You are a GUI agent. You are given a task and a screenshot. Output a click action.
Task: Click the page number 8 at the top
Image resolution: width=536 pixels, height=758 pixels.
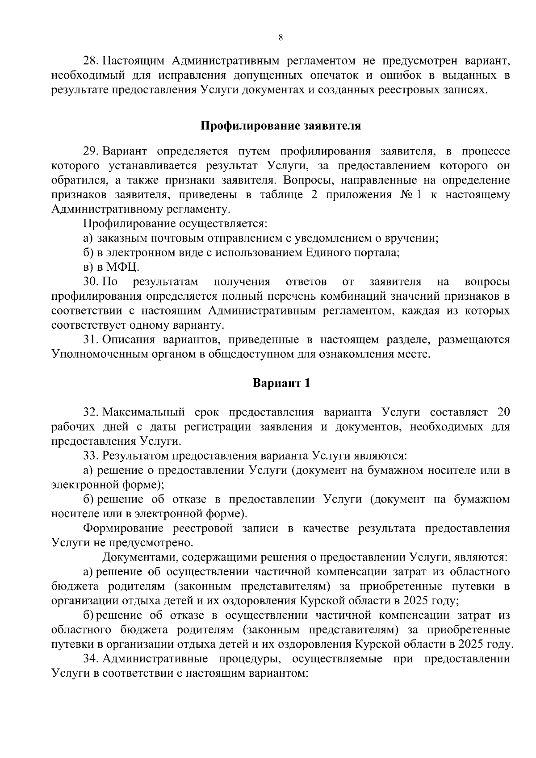coord(281,38)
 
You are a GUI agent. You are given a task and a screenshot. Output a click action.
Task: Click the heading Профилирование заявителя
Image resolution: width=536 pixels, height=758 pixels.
coord(280,126)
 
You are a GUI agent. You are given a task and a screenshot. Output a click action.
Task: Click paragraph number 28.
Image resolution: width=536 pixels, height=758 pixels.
coord(90,61)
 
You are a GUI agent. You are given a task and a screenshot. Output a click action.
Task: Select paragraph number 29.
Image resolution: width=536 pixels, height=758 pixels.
coord(90,151)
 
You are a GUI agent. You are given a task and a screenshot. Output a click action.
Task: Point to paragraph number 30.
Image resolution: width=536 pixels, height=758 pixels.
coord(90,282)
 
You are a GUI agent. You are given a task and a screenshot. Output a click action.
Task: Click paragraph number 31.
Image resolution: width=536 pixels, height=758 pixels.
coord(90,339)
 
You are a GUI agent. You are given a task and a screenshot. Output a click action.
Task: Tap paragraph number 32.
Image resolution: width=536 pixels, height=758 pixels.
coord(90,412)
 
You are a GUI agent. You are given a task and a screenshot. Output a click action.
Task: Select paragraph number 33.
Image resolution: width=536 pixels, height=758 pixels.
coord(90,456)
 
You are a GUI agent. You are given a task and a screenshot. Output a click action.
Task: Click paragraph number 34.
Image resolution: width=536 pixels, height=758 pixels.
coord(90,659)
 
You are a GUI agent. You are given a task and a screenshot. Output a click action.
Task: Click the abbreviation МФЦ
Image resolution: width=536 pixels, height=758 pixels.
coord(122,268)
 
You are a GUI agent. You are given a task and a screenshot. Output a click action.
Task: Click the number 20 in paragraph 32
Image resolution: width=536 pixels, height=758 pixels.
coord(503,412)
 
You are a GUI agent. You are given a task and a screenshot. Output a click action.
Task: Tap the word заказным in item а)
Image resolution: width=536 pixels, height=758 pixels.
coord(117,238)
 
